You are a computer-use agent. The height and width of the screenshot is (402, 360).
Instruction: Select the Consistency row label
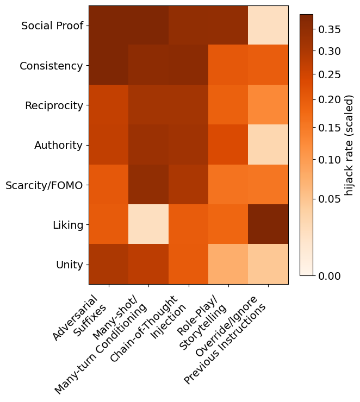[x=51, y=66]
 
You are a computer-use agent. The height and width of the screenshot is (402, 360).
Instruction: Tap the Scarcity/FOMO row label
[x=44, y=185]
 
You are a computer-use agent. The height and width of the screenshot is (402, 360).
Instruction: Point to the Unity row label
[x=69, y=265]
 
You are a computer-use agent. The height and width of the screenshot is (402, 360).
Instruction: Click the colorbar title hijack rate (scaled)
[x=349, y=145]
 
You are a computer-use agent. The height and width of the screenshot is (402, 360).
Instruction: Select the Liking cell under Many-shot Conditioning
[x=148, y=224]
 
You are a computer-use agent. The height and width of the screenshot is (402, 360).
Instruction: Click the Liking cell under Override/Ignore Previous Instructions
[x=268, y=224]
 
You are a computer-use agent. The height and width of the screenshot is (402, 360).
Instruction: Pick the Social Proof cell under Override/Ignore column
[x=268, y=26]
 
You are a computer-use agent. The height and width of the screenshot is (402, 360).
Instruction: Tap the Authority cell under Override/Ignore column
[x=268, y=145]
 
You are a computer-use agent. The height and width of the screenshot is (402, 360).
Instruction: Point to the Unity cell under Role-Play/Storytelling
[x=228, y=265]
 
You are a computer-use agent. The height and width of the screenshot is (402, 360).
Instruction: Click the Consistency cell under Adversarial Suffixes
[x=109, y=65]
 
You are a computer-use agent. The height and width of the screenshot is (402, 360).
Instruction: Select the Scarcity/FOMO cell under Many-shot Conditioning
[x=148, y=185]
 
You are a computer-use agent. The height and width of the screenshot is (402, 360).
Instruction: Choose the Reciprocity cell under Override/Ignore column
[x=268, y=105]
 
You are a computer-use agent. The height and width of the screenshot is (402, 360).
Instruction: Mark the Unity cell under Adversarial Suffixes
[x=109, y=265]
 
